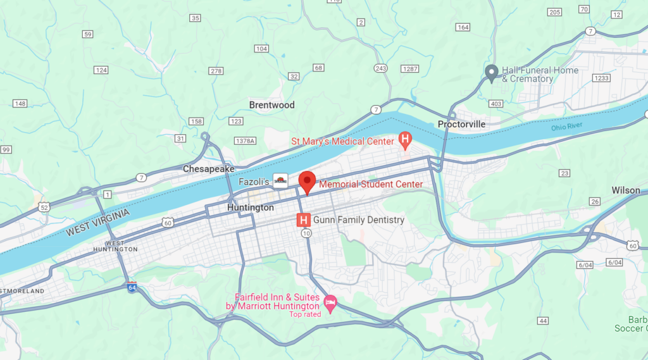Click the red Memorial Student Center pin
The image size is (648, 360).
[307, 181]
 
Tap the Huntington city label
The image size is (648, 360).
[251, 208]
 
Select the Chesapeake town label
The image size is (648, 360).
[209, 169]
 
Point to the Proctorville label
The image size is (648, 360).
[462, 124]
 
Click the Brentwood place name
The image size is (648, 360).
[271, 105]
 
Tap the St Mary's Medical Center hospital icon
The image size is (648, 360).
[405, 139]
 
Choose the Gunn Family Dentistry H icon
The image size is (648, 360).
[304, 220]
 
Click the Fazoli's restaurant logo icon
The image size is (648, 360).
[280, 180]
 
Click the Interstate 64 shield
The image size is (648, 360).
[132, 287]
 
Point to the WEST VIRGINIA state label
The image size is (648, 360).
[97, 223]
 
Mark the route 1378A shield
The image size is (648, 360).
[245, 140]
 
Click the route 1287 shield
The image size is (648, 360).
[410, 68]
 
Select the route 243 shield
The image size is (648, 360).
[380, 68]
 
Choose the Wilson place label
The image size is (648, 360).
[625, 190]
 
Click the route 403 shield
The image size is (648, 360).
[495, 104]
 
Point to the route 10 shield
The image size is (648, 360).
[306, 233]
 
